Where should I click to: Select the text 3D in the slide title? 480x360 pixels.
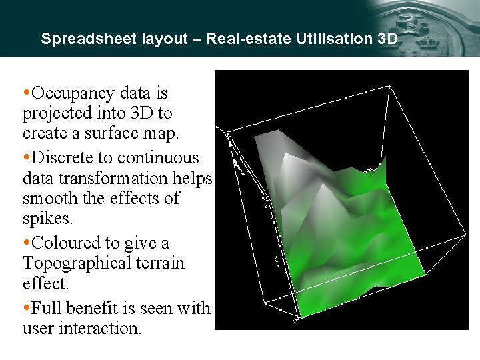pos(387,39)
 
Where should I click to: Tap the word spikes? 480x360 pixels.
pos(46,219)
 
